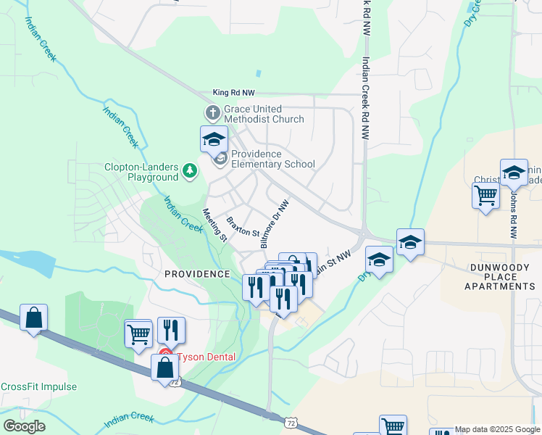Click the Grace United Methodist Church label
click(264, 113)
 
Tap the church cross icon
click(212, 112)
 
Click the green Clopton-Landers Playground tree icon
click(190, 170)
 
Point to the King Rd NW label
click(234, 93)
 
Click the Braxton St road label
click(242, 226)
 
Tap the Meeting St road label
click(215, 225)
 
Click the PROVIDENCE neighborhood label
click(197, 274)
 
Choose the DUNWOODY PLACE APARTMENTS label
click(501, 276)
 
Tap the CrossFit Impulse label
click(38, 386)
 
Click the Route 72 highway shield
click(291, 422)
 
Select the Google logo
click(24, 426)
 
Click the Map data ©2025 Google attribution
click(497, 429)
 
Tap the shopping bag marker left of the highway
click(33, 318)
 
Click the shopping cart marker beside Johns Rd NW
click(485, 194)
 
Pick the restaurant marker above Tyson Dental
click(171, 330)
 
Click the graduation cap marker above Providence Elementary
click(214, 138)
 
